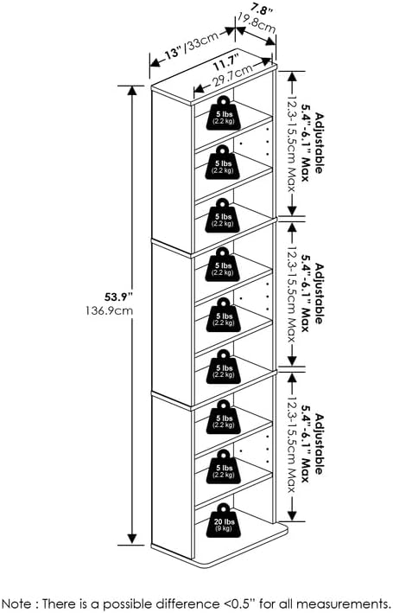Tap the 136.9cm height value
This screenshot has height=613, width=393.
point(110,311)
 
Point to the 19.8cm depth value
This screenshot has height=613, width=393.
point(257,23)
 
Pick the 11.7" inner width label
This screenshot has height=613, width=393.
point(225,62)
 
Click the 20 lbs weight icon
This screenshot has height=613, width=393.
point(224,520)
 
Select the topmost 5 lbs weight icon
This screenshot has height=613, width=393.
point(224,113)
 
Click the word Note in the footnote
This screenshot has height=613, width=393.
point(17,603)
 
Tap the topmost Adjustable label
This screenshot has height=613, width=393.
point(320,143)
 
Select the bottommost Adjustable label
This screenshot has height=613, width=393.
point(320,444)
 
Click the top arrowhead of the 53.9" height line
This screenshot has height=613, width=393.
point(132,90)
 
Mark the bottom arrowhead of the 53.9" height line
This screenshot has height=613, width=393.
point(132,540)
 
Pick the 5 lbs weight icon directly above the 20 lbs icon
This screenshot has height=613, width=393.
point(224,467)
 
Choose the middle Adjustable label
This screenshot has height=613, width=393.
point(320,294)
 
